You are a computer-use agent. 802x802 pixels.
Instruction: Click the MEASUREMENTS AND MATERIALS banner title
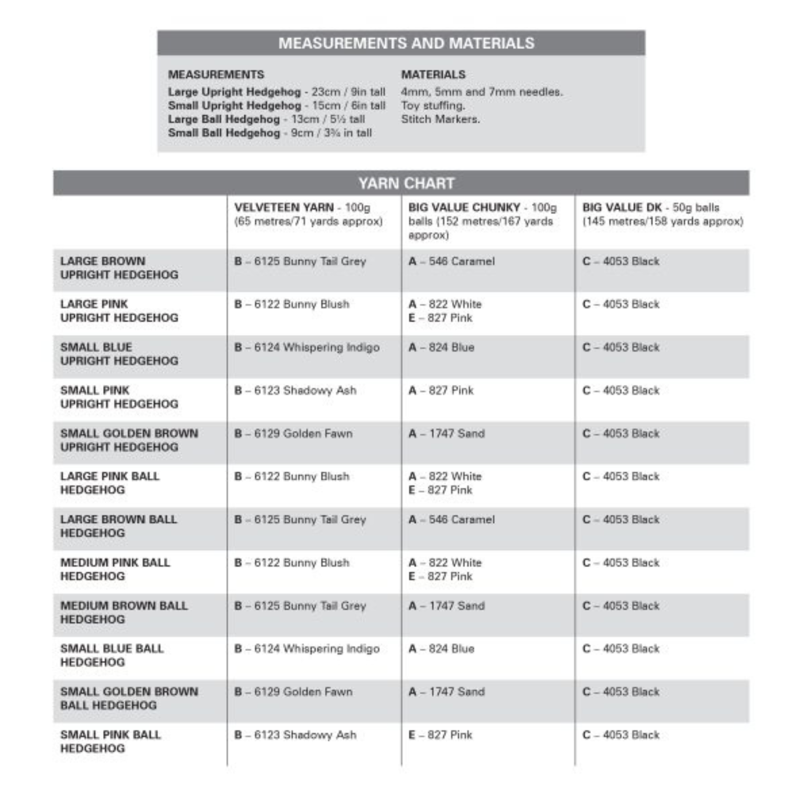pyautogui.click(x=406, y=43)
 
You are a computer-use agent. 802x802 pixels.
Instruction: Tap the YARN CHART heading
pyautogui.click(x=406, y=183)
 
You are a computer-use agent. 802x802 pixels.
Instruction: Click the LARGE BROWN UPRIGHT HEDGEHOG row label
pyautogui.click(x=119, y=268)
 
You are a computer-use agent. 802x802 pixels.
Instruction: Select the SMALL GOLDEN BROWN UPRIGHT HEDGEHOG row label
pyautogui.click(x=129, y=440)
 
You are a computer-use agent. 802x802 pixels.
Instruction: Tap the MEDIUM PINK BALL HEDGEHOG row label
pyautogui.click(x=115, y=569)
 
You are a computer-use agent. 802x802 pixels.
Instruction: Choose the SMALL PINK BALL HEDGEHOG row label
pyautogui.click(x=110, y=741)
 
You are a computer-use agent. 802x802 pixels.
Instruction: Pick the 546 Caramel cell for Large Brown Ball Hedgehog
pyautogui.click(x=451, y=520)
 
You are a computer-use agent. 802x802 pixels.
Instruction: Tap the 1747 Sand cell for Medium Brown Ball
pyautogui.click(x=446, y=606)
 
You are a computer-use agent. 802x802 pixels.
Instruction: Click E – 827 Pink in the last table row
pyautogui.click(x=440, y=735)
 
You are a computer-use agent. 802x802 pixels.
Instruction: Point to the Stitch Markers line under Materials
pyautogui.click(x=440, y=119)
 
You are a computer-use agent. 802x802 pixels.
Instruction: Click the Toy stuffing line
pyautogui.click(x=433, y=106)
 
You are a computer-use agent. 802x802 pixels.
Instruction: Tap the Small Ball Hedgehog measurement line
pyautogui.click(x=270, y=133)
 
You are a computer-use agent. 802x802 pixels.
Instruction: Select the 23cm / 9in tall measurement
pyautogui.click(x=348, y=92)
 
